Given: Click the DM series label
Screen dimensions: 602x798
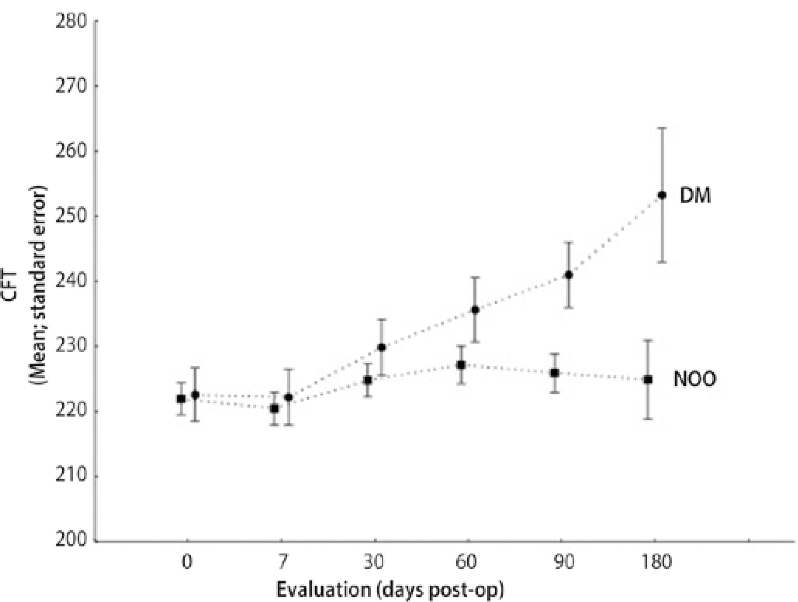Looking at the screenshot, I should pyautogui.click(x=695, y=196).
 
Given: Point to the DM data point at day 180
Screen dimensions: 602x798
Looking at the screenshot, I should pyautogui.click(x=662, y=195).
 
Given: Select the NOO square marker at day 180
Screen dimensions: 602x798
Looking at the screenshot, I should pyautogui.click(x=648, y=380).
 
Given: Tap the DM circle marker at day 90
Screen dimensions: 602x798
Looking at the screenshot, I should pyautogui.click(x=569, y=275).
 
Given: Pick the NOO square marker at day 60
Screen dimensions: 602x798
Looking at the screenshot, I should pyautogui.click(x=461, y=365).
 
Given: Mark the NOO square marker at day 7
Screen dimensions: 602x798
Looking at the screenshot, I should pyautogui.click(x=275, y=409).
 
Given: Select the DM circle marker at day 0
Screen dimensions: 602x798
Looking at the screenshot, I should pyautogui.click(x=195, y=395).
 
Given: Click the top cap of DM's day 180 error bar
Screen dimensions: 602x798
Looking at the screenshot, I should pyautogui.click(x=662, y=128).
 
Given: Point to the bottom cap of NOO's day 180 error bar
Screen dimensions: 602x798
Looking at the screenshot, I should pyautogui.click(x=648, y=419).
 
